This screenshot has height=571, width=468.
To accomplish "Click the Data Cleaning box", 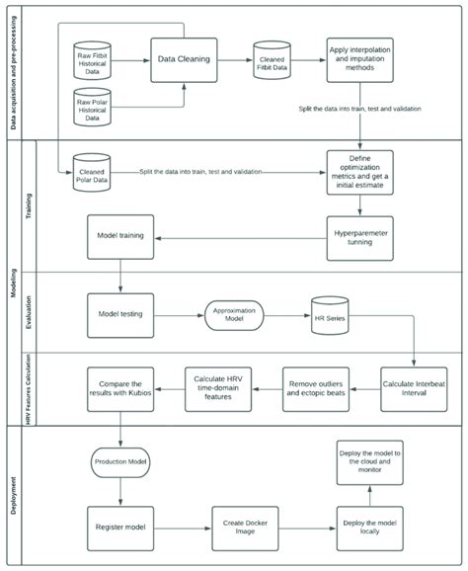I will [183, 59].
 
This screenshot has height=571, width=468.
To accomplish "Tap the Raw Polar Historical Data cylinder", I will [97, 106].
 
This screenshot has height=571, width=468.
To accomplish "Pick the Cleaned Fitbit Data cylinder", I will [272, 60].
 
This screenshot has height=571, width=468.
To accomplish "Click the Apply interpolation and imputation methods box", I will [360, 59].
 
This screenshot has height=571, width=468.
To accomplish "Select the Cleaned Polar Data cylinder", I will [97, 176].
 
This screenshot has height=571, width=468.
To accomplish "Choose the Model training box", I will [120, 238].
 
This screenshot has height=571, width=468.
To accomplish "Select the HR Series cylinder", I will [331, 313].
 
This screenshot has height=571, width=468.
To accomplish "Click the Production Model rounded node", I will [120, 460].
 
